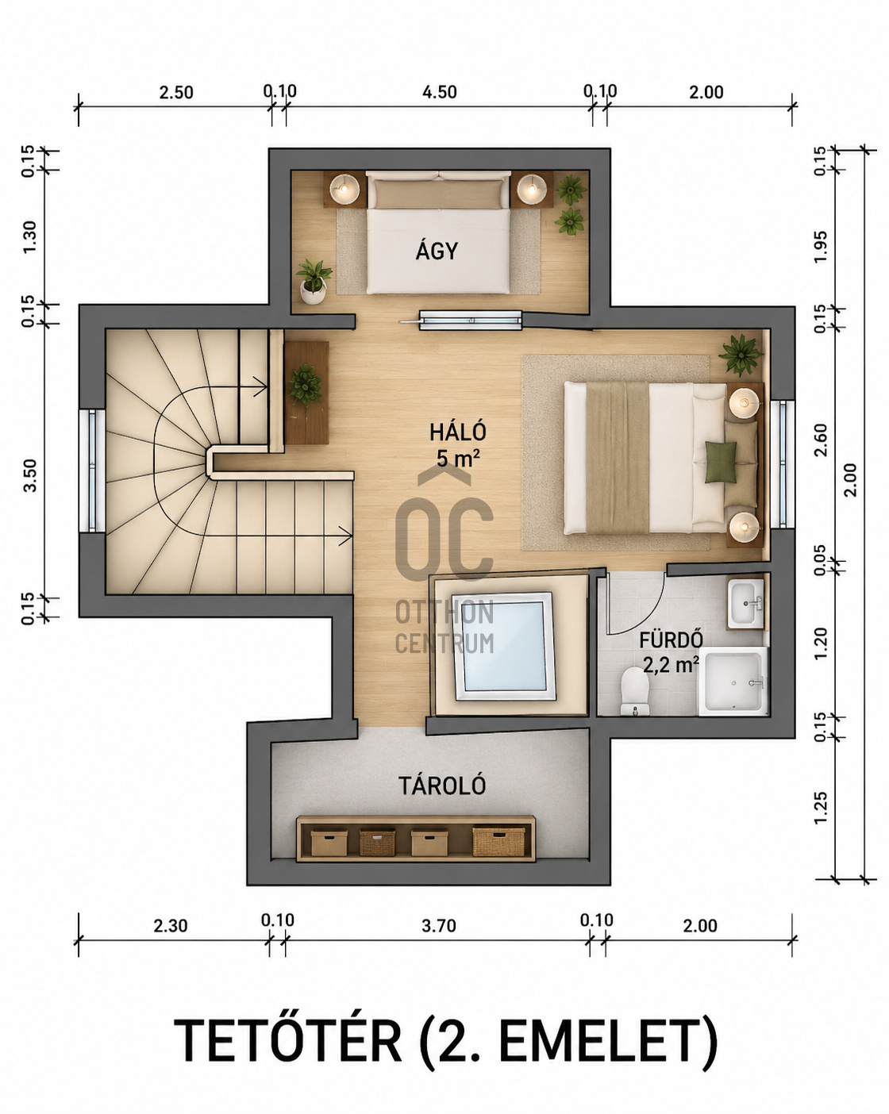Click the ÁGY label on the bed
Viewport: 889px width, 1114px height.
click(x=437, y=251)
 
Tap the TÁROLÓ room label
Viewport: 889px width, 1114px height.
click(x=442, y=786)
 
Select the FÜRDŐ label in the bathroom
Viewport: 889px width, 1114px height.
click(x=671, y=640)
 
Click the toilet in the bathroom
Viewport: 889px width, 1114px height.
click(x=635, y=691)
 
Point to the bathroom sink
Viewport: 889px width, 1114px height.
click(x=746, y=602)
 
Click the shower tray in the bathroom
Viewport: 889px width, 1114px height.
click(x=733, y=682)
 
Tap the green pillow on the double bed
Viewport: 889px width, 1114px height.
click(x=721, y=463)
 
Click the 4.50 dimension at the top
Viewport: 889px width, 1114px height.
click(x=439, y=92)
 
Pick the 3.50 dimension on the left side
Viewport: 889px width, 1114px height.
click(x=30, y=474)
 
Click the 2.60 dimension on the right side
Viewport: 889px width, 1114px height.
click(x=821, y=440)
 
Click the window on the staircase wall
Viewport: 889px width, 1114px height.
click(x=92, y=470)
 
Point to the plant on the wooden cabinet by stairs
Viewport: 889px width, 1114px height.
click(x=305, y=384)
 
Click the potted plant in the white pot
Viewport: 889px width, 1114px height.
click(x=313, y=281)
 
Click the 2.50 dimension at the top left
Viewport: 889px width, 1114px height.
click(x=175, y=93)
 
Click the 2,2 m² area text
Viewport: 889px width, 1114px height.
click(x=671, y=664)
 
